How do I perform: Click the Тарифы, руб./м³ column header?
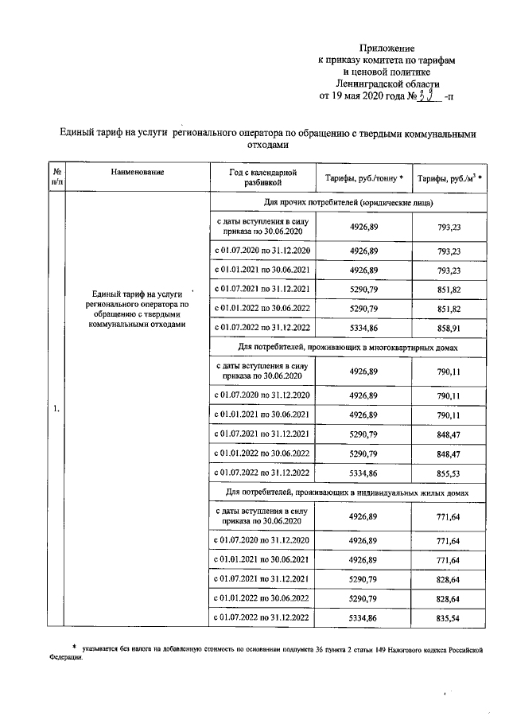[x=450, y=177]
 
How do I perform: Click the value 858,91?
[x=450, y=327]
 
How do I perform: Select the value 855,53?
[x=450, y=473]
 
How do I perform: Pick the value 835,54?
[x=450, y=617]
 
